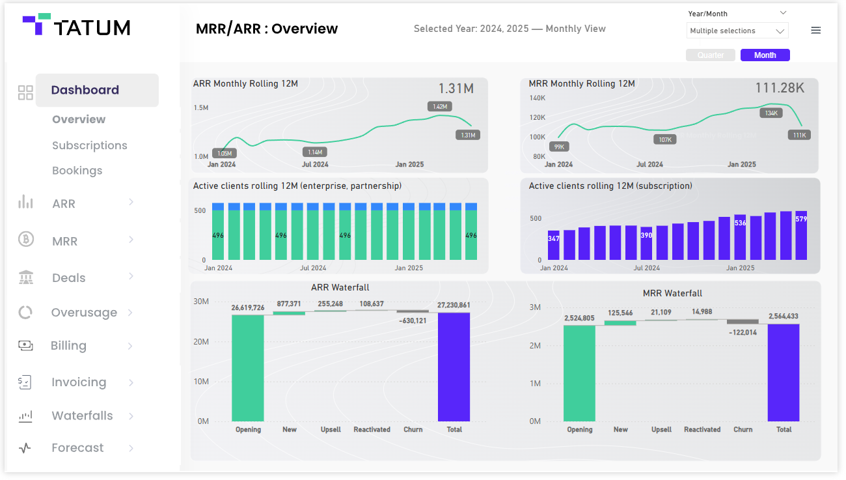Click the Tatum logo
(x=76, y=26)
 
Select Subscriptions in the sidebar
(x=90, y=145)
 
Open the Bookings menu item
(x=77, y=171)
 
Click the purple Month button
(x=765, y=55)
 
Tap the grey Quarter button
(x=710, y=55)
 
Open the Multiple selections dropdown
(x=737, y=31)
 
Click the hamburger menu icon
(x=815, y=31)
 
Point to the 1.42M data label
(x=440, y=106)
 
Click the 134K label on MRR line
(x=771, y=113)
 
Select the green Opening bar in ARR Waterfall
(x=248, y=368)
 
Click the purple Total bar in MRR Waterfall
(x=784, y=373)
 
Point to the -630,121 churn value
(x=413, y=320)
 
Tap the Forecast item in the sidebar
(x=77, y=448)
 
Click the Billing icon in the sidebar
(x=25, y=346)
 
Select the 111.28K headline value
(x=779, y=88)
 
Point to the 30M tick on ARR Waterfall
(x=200, y=302)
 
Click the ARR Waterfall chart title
(x=340, y=287)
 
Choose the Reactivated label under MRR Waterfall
(x=702, y=430)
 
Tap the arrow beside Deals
(x=131, y=277)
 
